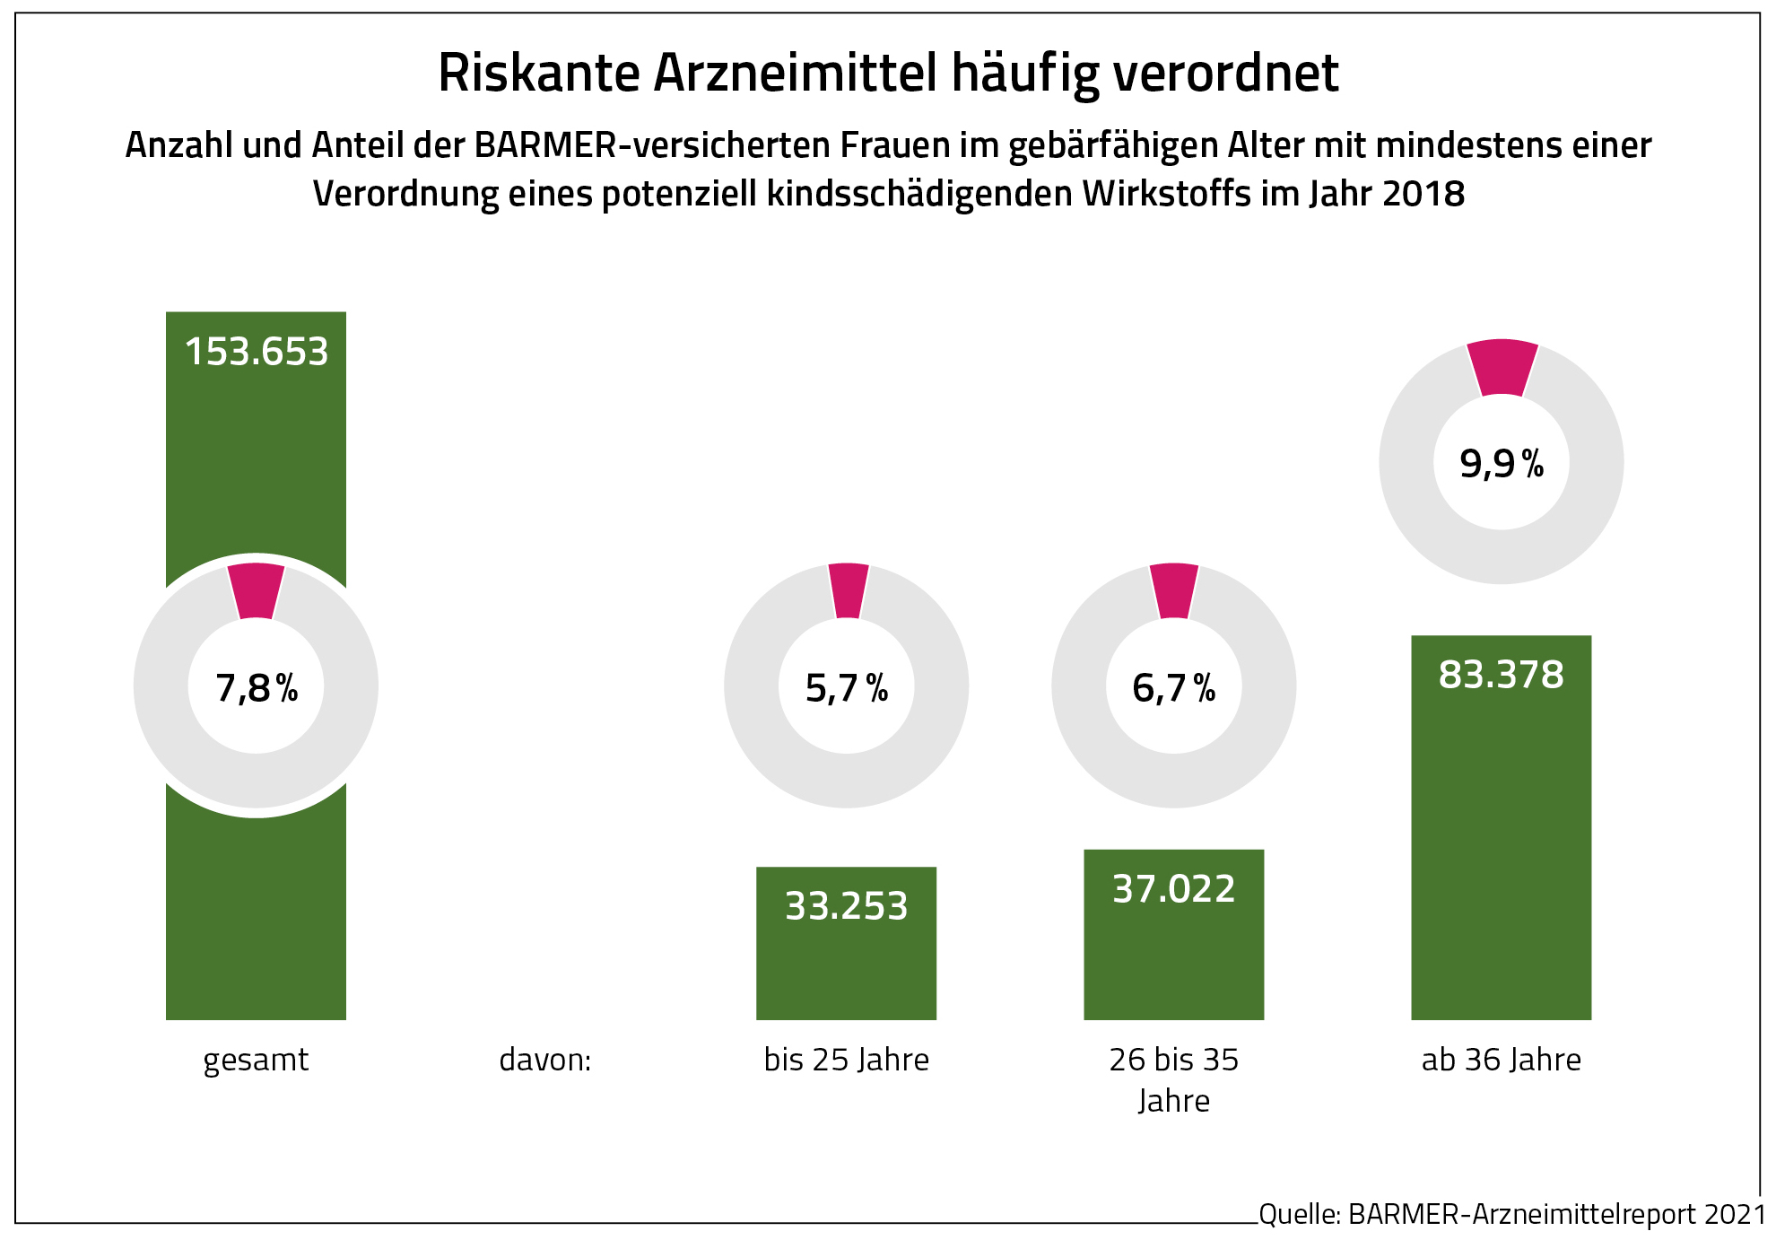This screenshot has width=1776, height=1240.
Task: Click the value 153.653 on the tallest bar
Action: coord(257,352)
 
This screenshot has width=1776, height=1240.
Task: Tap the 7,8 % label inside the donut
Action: coord(257,688)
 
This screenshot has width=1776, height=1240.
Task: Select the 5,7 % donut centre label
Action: coord(846,688)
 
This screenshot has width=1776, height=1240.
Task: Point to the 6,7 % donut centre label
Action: coord(1173,688)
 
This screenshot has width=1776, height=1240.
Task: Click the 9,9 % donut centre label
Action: coord(1502,464)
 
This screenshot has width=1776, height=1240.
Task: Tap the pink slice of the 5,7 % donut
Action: coord(848,590)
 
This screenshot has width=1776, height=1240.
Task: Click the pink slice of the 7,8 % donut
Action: coord(257,590)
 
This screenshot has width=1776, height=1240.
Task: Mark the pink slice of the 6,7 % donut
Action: coord(1174,590)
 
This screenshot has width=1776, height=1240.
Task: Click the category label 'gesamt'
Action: coord(256,1060)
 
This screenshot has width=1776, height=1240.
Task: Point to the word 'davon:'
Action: coord(545,1060)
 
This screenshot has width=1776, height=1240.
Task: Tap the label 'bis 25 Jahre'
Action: coord(846,1060)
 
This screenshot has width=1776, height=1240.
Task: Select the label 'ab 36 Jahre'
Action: coord(1501,1060)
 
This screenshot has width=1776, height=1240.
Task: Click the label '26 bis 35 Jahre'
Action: coord(1173,1079)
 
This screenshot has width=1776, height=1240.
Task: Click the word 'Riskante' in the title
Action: coord(538,74)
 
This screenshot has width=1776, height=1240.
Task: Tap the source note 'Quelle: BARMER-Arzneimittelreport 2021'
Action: coord(1511,1214)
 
